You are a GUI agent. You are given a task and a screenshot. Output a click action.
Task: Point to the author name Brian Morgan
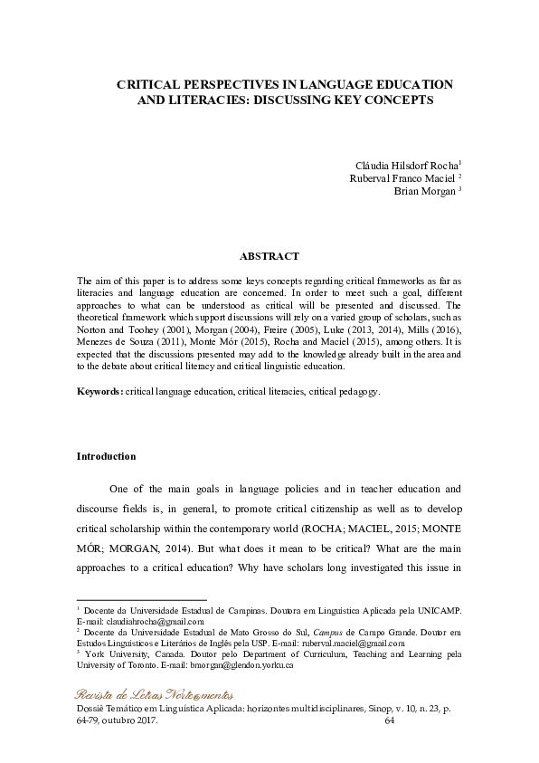click(x=426, y=191)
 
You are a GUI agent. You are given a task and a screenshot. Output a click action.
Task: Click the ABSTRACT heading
click(x=269, y=257)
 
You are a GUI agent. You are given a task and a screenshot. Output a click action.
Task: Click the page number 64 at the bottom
click(x=391, y=721)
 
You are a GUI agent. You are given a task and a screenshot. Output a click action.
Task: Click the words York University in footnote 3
click(x=114, y=654)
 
